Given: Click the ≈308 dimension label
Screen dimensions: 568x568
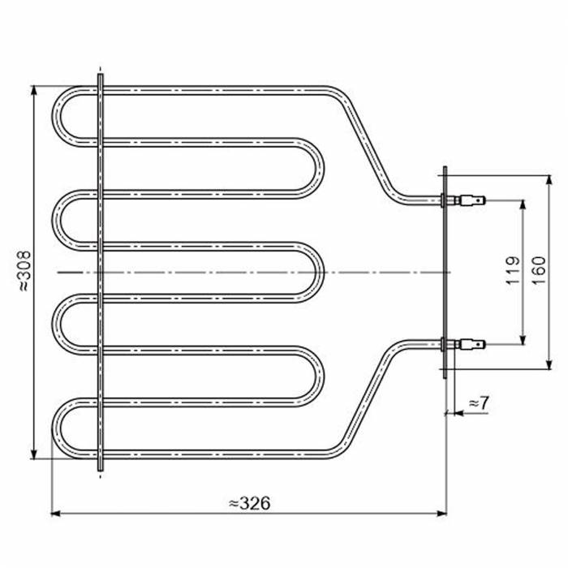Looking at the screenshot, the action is pyautogui.click(x=25, y=271).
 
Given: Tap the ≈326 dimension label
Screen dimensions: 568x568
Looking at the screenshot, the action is pyautogui.click(x=250, y=503).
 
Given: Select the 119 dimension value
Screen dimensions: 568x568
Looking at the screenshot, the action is pyautogui.click(x=513, y=270).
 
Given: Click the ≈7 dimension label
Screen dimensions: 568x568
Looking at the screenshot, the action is pyautogui.click(x=479, y=402).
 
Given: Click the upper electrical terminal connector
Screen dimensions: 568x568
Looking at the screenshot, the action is pyautogui.click(x=472, y=200).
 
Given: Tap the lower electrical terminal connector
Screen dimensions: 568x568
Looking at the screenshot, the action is pyautogui.click(x=472, y=344).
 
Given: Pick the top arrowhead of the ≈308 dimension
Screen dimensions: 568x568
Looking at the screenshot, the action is pyautogui.click(x=34, y=91).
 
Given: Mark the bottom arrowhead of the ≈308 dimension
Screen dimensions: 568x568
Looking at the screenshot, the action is pyautogui.click(x=34, y=454).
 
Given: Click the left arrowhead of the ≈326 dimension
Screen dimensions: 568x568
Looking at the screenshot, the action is pyautogui.click(x=55, y=514).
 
